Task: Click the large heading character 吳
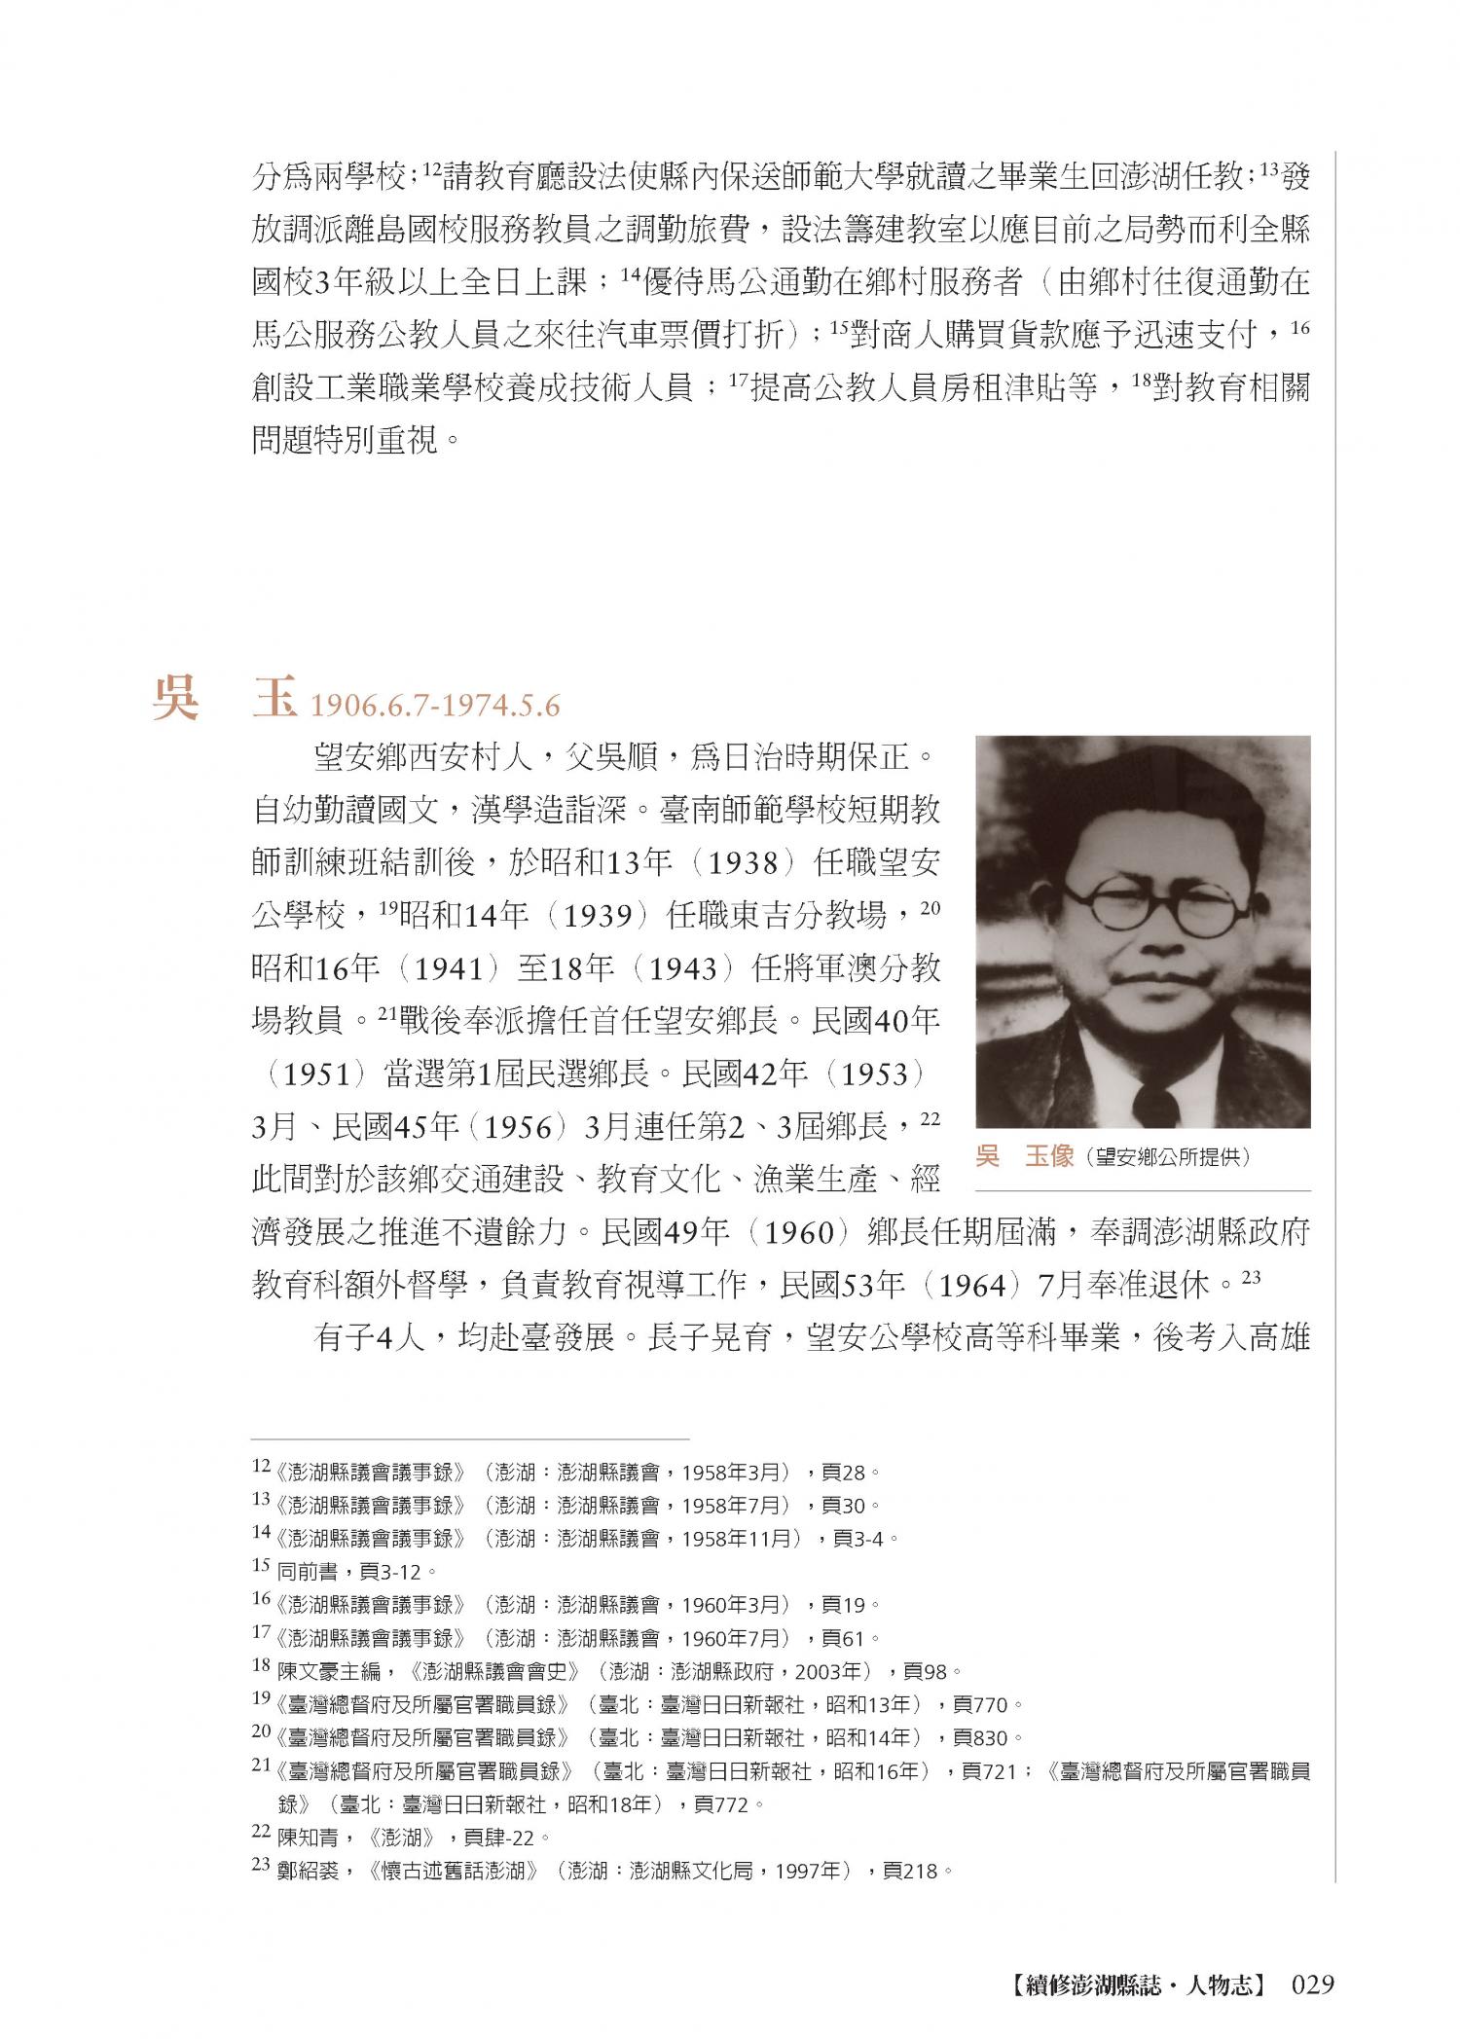coord(176,697)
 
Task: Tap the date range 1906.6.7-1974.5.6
coord(435,706)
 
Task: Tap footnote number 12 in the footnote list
coord(261,1466)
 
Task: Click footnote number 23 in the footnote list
coord(261,1865)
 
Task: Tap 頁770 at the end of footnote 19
coord(982,1704)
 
